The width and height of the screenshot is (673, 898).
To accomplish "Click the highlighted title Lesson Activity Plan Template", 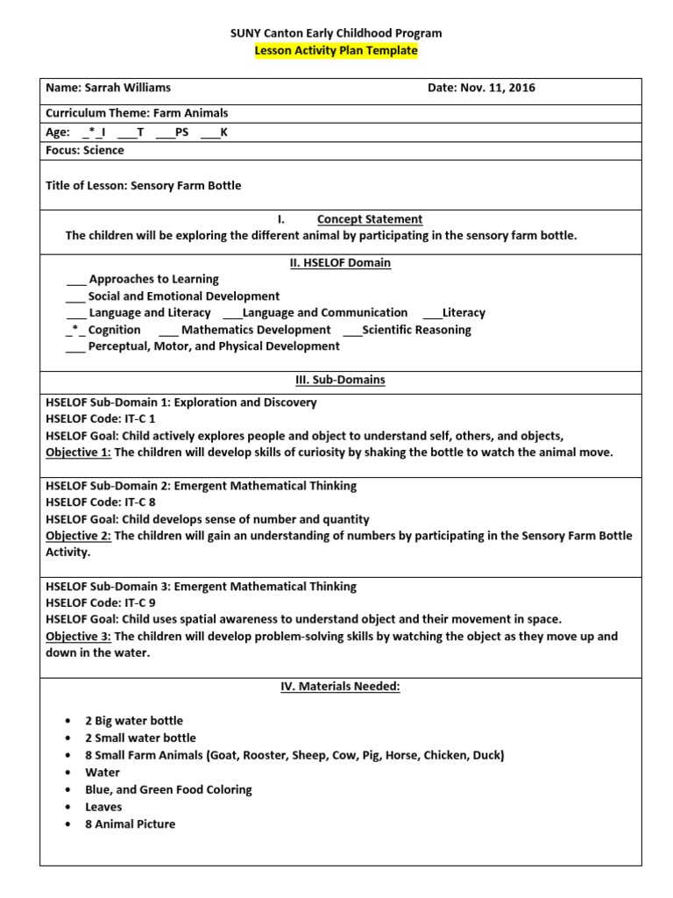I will click(x=336, y=51).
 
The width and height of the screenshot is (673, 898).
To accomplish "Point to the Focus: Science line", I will click(x=84, y=150).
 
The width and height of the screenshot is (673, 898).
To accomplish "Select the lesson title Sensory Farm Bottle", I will click(x=185, y=185).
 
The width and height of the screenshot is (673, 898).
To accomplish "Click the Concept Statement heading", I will click(x=369, y=219).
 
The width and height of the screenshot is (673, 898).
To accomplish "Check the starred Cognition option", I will click(x=114, y=330).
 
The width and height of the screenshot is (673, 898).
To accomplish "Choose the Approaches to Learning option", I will click(x=152, y=279).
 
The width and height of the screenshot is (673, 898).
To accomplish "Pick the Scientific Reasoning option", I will click(x=415, y=330).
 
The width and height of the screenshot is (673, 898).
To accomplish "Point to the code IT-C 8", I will click(x=138, y=502).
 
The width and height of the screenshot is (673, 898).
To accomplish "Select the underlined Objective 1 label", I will click(x=78, y=453).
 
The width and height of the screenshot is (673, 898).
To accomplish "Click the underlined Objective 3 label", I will click(x=78, y=637).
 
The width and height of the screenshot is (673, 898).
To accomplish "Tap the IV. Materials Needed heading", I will click(x=340, y=687).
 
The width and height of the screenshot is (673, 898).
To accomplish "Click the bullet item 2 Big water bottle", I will click(x=133, y=721).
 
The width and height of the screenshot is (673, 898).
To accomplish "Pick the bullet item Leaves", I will click(x=103, y=807).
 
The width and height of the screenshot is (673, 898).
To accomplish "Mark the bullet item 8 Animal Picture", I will click(x=130, y=823).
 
